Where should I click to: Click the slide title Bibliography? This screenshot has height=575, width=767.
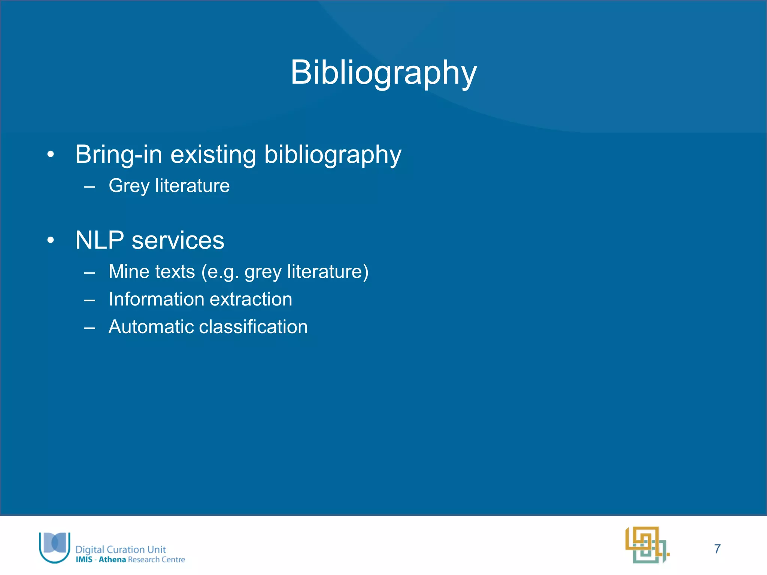[383, 73]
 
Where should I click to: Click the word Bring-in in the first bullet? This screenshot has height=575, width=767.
[118, 154]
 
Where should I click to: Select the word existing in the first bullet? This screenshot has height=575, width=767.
[213, 154]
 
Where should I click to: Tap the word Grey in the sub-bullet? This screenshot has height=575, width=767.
[129, 186]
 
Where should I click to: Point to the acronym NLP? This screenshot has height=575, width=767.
[100, 240]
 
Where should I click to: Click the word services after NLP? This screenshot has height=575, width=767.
[178, 240]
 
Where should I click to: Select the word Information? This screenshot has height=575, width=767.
[154, 299]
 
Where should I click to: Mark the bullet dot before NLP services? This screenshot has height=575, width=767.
[51, 240]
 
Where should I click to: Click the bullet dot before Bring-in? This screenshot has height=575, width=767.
[51, 154]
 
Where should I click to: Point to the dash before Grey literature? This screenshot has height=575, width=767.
[90, 186]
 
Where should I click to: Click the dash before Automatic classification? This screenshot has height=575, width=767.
[90, 328]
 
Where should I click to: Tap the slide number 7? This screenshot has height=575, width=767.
[717, 549]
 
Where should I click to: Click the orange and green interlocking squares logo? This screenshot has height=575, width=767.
[647, 545]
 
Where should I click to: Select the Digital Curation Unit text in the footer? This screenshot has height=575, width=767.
[121, 549]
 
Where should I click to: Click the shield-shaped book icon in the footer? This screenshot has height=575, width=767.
[55, 547]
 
